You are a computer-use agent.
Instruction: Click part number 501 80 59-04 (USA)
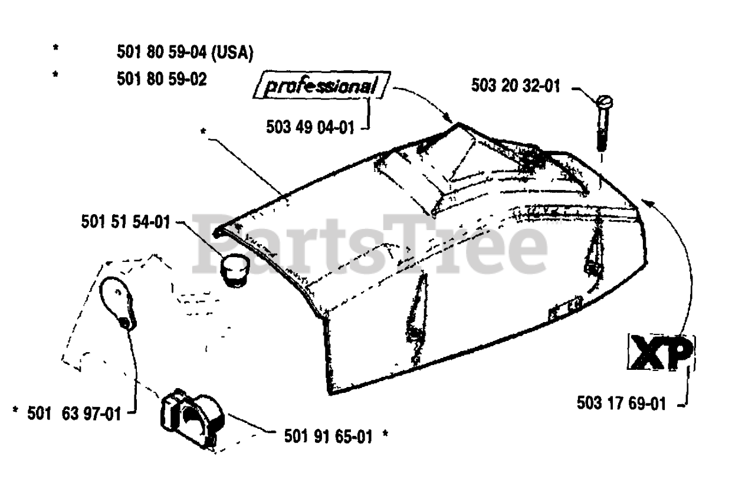click(x=185, y=52)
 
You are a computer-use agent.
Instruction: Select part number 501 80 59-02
click(x=162, y=79)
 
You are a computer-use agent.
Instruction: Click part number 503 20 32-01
click(x=515, y=86)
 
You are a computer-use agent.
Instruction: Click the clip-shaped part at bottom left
click(x=192, y=416)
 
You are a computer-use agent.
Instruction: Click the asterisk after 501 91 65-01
click(x=385, y=436)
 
